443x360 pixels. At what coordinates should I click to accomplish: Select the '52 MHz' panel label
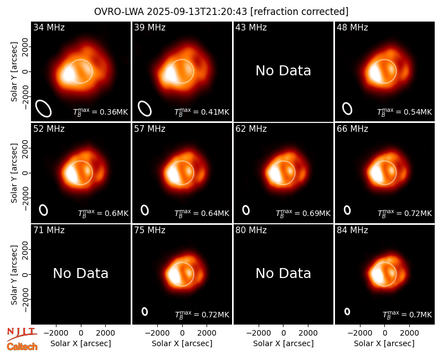pos(49,129)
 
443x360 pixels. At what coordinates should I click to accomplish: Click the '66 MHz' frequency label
pos(352,129)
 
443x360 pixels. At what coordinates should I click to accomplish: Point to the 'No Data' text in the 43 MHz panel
pos(283,71)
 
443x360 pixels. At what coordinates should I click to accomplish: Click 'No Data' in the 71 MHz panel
pos(80,273)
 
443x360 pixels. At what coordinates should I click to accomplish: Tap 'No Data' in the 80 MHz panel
pos(283,273)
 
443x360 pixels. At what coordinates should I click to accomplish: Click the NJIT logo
pos(22,334)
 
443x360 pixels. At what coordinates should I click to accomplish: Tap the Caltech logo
pos(22,347)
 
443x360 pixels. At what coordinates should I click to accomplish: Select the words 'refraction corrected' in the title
pos(299,12)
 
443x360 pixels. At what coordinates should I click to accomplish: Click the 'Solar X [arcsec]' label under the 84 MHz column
pos(384,343)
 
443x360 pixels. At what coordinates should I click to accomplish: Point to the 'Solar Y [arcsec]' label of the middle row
pos(14,173)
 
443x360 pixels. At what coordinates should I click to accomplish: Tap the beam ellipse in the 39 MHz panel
pos(145,109)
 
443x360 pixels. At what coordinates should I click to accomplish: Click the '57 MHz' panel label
pos(150,129)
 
